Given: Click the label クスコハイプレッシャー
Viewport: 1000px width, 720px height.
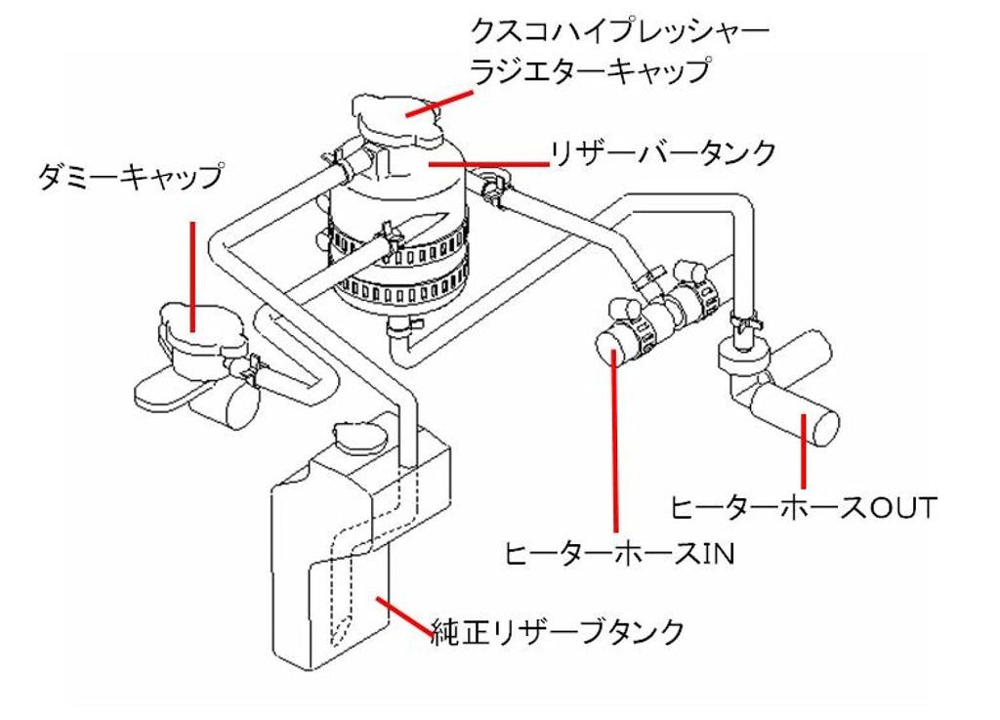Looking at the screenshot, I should click(618, 32).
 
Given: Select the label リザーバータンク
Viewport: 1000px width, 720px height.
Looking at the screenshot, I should click(664, 153).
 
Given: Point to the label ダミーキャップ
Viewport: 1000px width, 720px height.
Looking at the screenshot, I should click(128, 179).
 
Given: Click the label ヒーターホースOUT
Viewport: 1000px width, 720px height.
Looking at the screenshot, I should click(803, 508).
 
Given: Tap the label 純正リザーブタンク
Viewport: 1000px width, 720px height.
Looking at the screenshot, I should click(558, 631).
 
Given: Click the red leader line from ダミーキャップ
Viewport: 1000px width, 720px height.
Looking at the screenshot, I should click(192, 274).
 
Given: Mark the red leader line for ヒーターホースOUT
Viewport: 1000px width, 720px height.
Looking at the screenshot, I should click(802, 449).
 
